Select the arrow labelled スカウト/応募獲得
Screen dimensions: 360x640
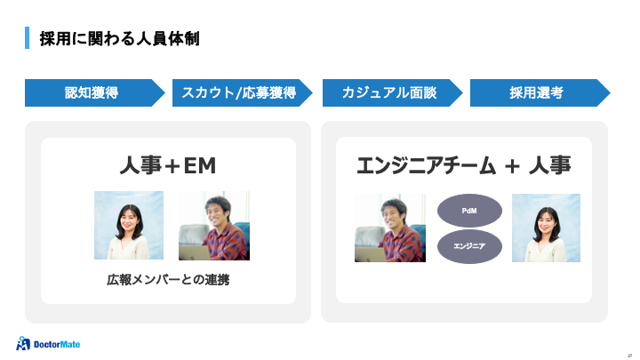(239, 92)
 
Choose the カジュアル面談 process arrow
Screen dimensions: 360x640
(387, 92)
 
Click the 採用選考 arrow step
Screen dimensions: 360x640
(536, 92)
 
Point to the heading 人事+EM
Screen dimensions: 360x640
(168, 166)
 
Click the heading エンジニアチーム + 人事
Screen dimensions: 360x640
(463, 166)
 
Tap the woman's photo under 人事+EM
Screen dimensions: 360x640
(129, 226)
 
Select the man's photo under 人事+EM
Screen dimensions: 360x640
(213, 226)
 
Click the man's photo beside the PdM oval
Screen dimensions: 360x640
(389, 228)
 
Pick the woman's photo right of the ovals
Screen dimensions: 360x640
(546, 228)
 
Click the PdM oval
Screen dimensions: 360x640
(470, 211)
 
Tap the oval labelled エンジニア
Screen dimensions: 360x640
(470, 246)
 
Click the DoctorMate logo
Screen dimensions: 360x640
(52, 342)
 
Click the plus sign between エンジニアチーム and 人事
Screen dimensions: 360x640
(511, 167)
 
